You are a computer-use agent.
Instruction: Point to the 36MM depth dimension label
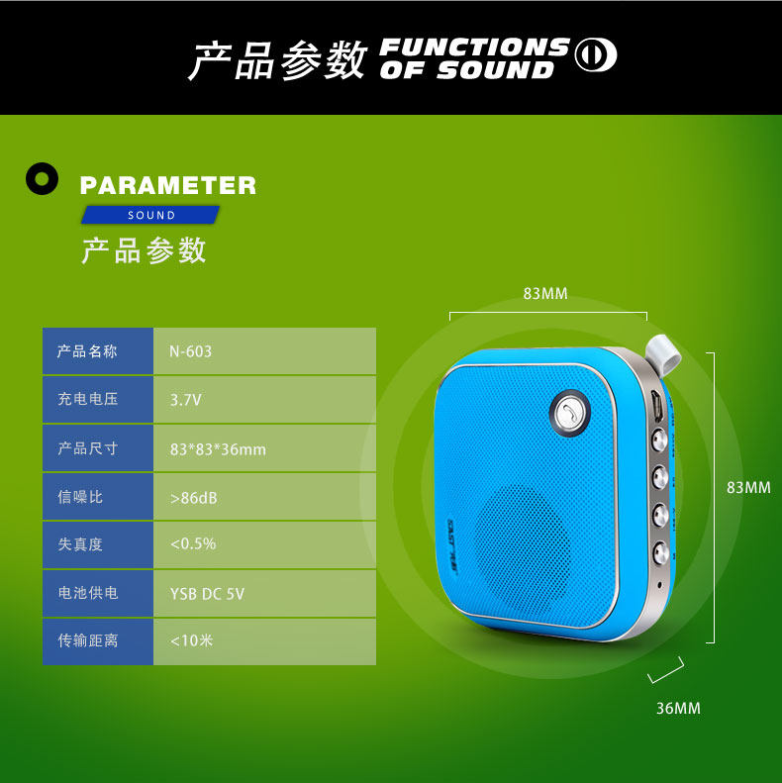(x=678, y=708)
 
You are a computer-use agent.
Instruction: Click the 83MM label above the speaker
(x=545, y=293)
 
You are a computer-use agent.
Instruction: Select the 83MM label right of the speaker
(x=748, y=487)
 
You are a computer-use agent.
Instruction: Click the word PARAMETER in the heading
(x=167, y=185)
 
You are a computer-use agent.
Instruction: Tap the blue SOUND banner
(x=150, y=215)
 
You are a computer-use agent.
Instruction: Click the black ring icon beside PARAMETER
(x=42, y=178)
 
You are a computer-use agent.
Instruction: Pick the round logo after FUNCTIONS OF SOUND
(x=596, y=55)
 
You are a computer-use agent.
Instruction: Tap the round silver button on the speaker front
(x=568, y=414)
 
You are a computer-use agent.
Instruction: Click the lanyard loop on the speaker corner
(x=659, y=351)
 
